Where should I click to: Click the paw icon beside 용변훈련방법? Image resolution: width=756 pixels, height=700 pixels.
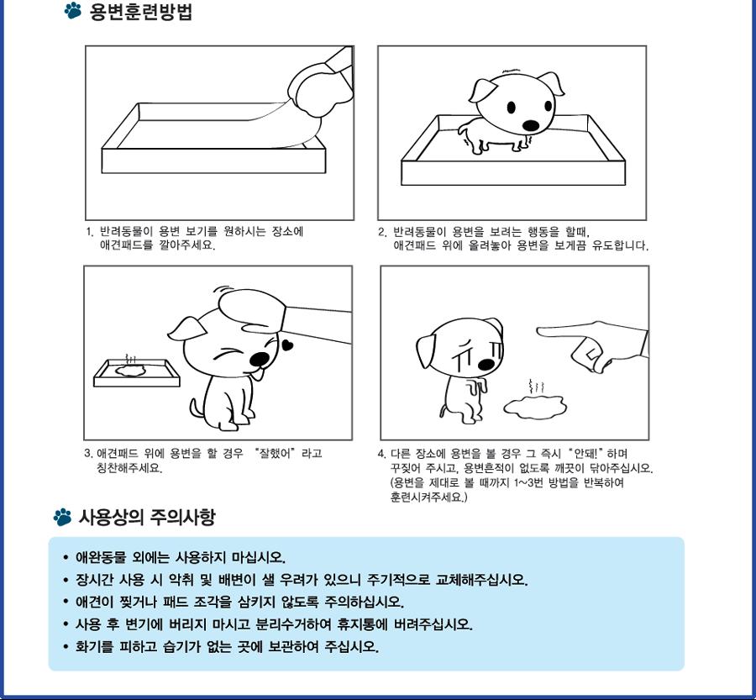pos(73,12)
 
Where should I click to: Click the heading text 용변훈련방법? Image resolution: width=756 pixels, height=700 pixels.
pos(140,13)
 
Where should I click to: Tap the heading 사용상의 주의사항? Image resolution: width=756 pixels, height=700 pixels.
pos(147,517)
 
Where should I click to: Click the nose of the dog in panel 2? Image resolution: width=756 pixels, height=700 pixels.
pos(531,125)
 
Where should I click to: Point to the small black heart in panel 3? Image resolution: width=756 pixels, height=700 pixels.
pos(288,344)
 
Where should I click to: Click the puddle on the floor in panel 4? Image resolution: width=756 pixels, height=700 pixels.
pos(535,408)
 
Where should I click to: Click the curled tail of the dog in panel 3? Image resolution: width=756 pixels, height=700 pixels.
pos(197,408)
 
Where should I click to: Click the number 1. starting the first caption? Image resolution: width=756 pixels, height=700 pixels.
pos(90,231)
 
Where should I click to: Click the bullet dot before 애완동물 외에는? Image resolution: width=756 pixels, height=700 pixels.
pos(66,558)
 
